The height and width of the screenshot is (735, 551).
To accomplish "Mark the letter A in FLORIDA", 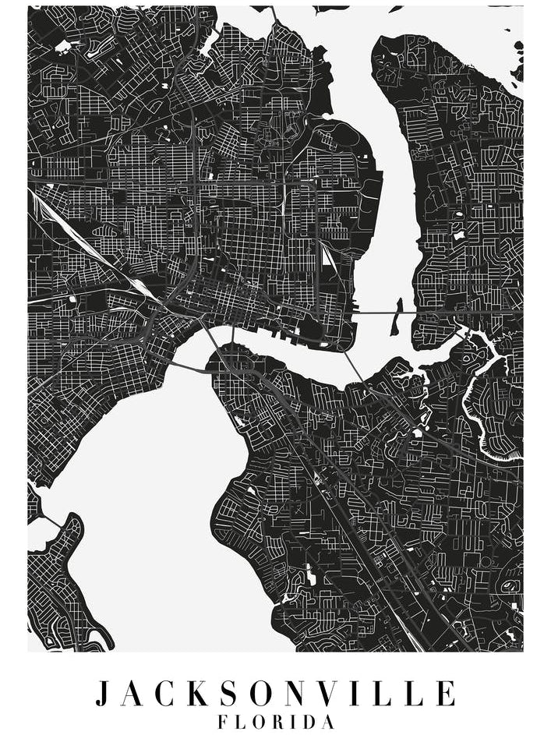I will coord(328,722).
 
